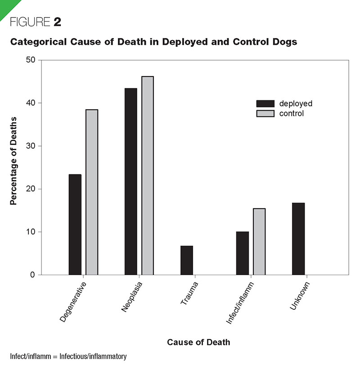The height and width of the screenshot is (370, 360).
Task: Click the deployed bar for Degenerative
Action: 75,224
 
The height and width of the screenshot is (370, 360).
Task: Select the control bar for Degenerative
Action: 92,192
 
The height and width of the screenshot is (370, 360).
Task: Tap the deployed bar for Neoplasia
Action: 131,181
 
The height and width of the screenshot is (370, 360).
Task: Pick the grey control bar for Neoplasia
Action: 148,175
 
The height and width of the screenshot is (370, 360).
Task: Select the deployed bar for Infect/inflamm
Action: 243,253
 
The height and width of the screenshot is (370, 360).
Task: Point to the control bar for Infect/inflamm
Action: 259,241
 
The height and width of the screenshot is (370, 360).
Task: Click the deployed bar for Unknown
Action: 298,239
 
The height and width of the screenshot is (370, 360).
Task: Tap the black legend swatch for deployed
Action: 265,103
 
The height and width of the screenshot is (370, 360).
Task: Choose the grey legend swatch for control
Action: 265,113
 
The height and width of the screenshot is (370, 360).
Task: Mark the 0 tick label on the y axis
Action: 33,275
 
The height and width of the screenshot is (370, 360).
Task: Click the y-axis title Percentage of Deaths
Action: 13,160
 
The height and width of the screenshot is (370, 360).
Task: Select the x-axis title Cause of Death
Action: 198,342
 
